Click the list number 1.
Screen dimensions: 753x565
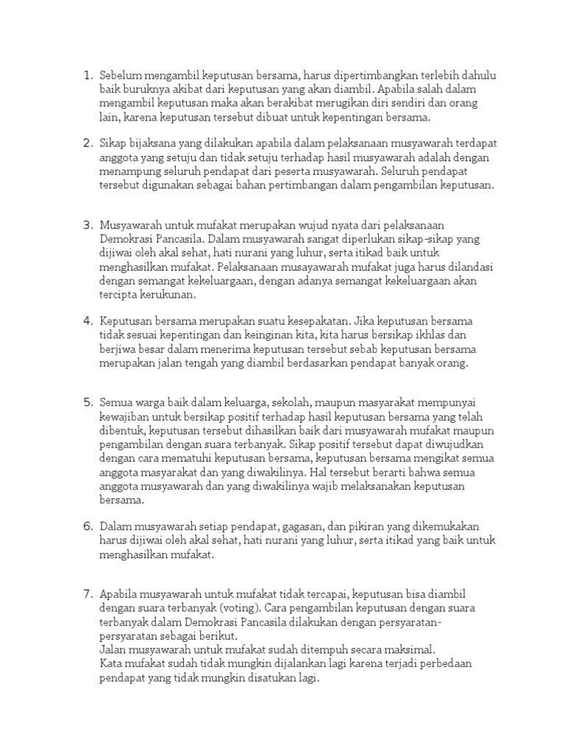(87, 75)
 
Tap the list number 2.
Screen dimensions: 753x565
(87, 143)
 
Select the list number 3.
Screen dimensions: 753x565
(87, 224)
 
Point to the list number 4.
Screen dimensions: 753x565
(87, 321)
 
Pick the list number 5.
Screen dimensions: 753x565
(87, 402)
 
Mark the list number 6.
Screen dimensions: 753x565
(87, 527)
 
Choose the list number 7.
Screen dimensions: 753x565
(87, 593)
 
